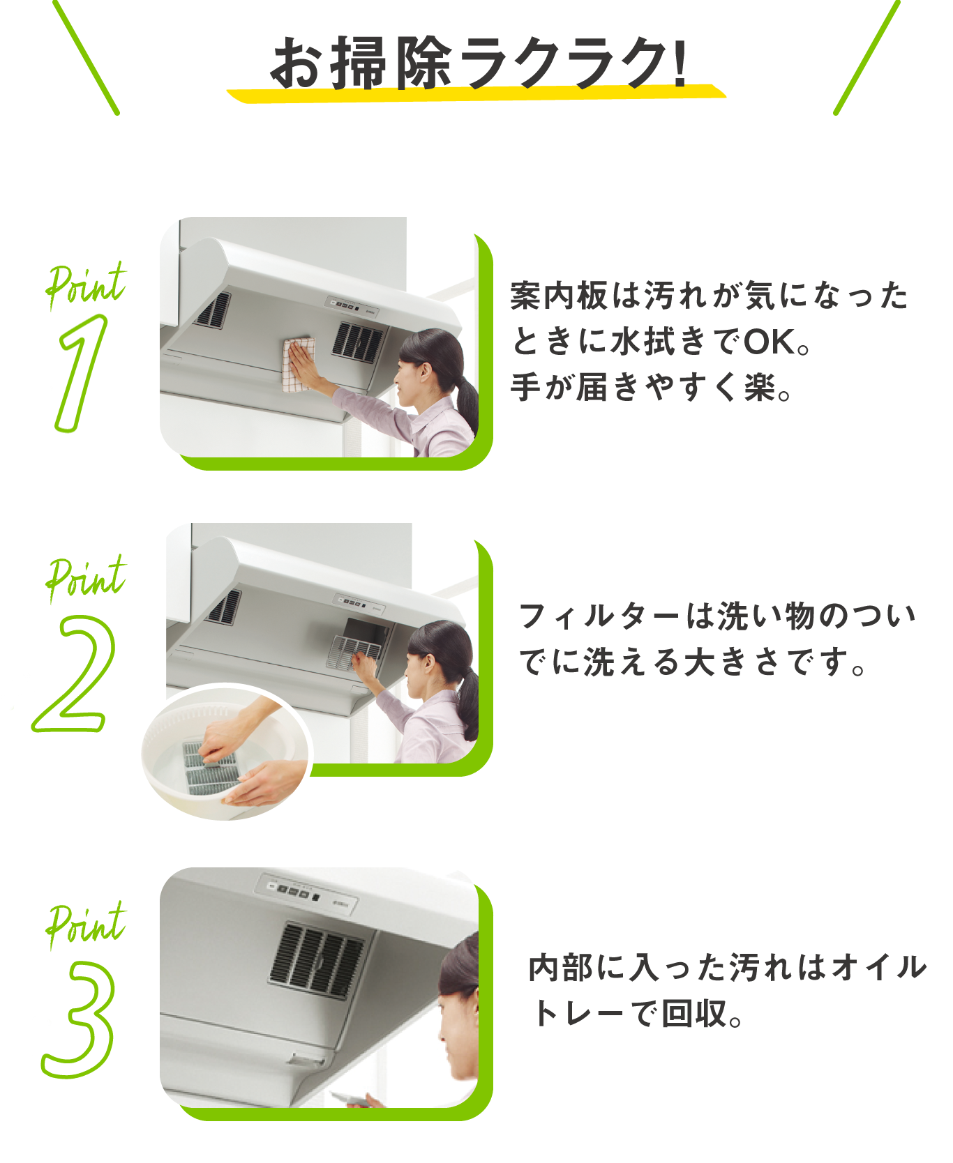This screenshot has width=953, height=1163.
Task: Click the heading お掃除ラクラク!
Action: (x=477, y=63)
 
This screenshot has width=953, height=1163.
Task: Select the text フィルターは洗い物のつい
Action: (x=716, y=617)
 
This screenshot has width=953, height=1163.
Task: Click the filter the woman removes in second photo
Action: (x=352, y=653)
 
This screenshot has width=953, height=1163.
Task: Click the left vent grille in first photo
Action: (x=213, y=310)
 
